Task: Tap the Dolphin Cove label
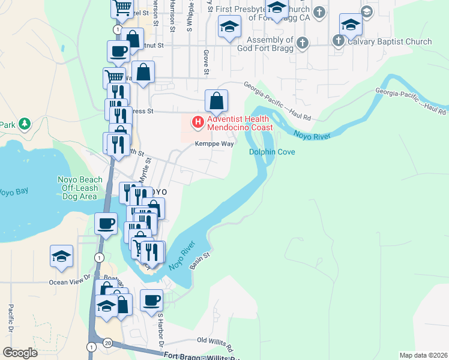click(272, 152)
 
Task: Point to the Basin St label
click(200, 255)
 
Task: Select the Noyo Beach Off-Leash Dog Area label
click(80, 188)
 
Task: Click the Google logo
click(20, 353)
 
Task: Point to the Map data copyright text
click(423, 355)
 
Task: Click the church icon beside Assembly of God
click(302, 43)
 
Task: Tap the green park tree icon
click(24, 124)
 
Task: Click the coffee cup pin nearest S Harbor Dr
click(151, 300)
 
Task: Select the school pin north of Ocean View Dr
click(61, 256)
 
